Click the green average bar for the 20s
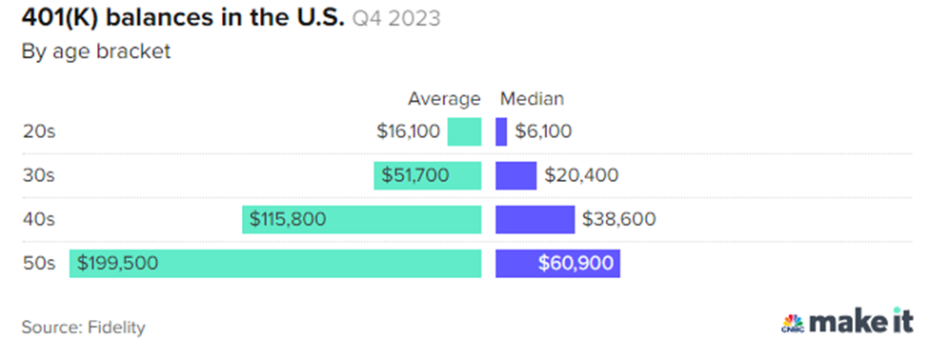tap(464, 131)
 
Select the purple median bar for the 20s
tap(501, 131)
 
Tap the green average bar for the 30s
tap(427, 175)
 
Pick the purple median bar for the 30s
tap(516, 175)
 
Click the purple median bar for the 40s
tap(535, 219)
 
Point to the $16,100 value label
tap(409, 131)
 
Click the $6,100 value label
tap(543, 131)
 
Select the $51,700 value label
tap(415, 175)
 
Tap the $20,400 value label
tap(581, 175)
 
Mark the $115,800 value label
tap(288, 219)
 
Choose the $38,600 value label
tap(618, 219)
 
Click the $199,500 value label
tap(118, 263)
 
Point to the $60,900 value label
tap(575, 263)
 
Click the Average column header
tap(444, 98)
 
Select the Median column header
tap(532, 98)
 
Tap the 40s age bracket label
tap(39, 219)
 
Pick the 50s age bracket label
tap(39, 263)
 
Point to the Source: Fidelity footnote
tap(83, 327)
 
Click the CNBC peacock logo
tap(792, 323)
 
